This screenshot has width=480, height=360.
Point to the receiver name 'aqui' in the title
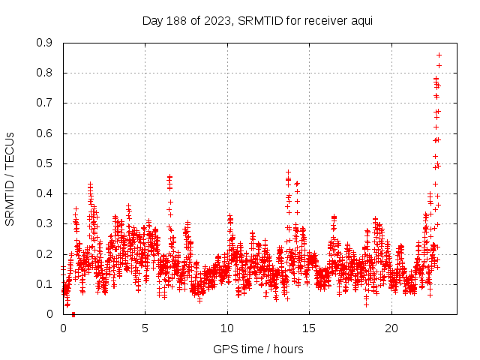pos(359,20)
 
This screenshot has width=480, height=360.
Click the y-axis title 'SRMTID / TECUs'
pos(10,178)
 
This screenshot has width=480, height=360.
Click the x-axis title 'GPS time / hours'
pos(258,349)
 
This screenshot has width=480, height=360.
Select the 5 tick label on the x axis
pos(145,328)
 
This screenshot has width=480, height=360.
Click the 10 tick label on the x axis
pos(227,328)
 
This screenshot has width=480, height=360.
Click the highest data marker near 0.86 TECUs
pos(439,55)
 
